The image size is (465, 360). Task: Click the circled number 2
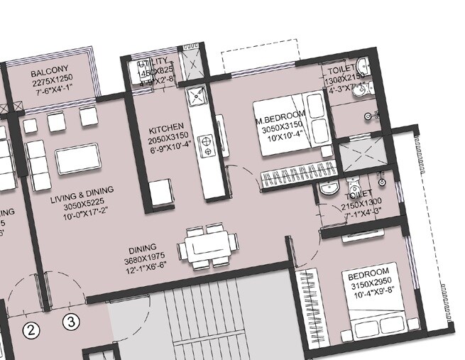(x=31, y=328)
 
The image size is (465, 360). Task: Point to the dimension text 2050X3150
(x=167, y=141)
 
